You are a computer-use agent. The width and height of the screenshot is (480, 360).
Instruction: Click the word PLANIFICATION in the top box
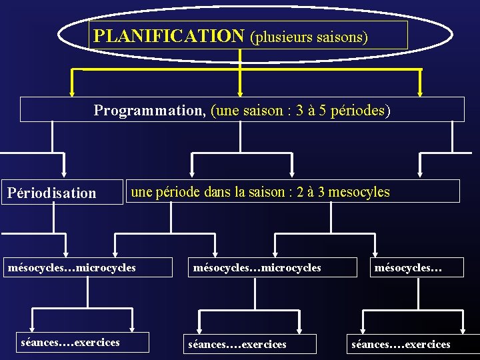[169, 35]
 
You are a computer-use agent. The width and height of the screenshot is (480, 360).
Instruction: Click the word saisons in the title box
[343, 37]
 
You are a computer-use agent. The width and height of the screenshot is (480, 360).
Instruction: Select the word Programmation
[149, 111]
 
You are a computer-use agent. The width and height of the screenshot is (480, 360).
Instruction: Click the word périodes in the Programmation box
[359, 111]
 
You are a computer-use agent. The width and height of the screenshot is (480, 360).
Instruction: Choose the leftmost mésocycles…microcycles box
[71, 268]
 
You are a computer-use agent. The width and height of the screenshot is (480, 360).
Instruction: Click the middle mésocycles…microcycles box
[257, 268]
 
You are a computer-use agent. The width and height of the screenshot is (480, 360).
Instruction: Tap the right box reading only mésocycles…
[409, 268]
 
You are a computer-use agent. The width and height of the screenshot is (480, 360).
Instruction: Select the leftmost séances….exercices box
[71, 343]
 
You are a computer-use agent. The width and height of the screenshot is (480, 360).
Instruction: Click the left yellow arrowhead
[73, 93]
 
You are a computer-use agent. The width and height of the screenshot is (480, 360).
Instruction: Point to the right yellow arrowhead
[421, 93]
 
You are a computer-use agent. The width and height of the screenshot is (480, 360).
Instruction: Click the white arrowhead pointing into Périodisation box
[65, 174]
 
